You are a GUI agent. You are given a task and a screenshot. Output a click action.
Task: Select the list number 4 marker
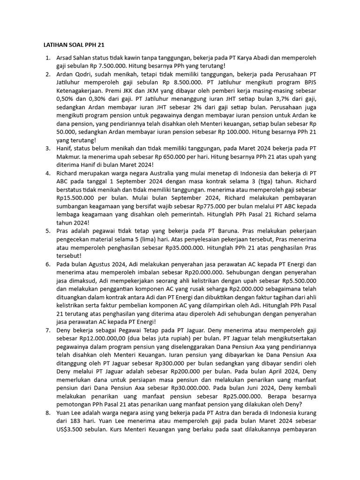(x=47, y=173)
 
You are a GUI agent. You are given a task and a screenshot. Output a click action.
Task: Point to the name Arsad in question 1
(x=65, y=58)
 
